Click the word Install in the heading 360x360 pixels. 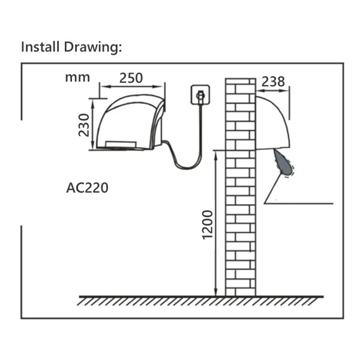click(x=40, y=47)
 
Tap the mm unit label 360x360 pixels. click(x=77, y=77)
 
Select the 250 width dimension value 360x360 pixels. click(x=131, y=78)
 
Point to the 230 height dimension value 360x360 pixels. click(x=83, y=125)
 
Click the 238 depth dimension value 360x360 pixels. click(x=273, y=82)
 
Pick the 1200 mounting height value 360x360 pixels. click(x=208, y=225)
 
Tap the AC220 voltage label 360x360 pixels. click(x=87, y=188)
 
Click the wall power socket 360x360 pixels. click(x=200, y=95)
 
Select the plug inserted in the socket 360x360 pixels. click(x=200, y=97)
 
